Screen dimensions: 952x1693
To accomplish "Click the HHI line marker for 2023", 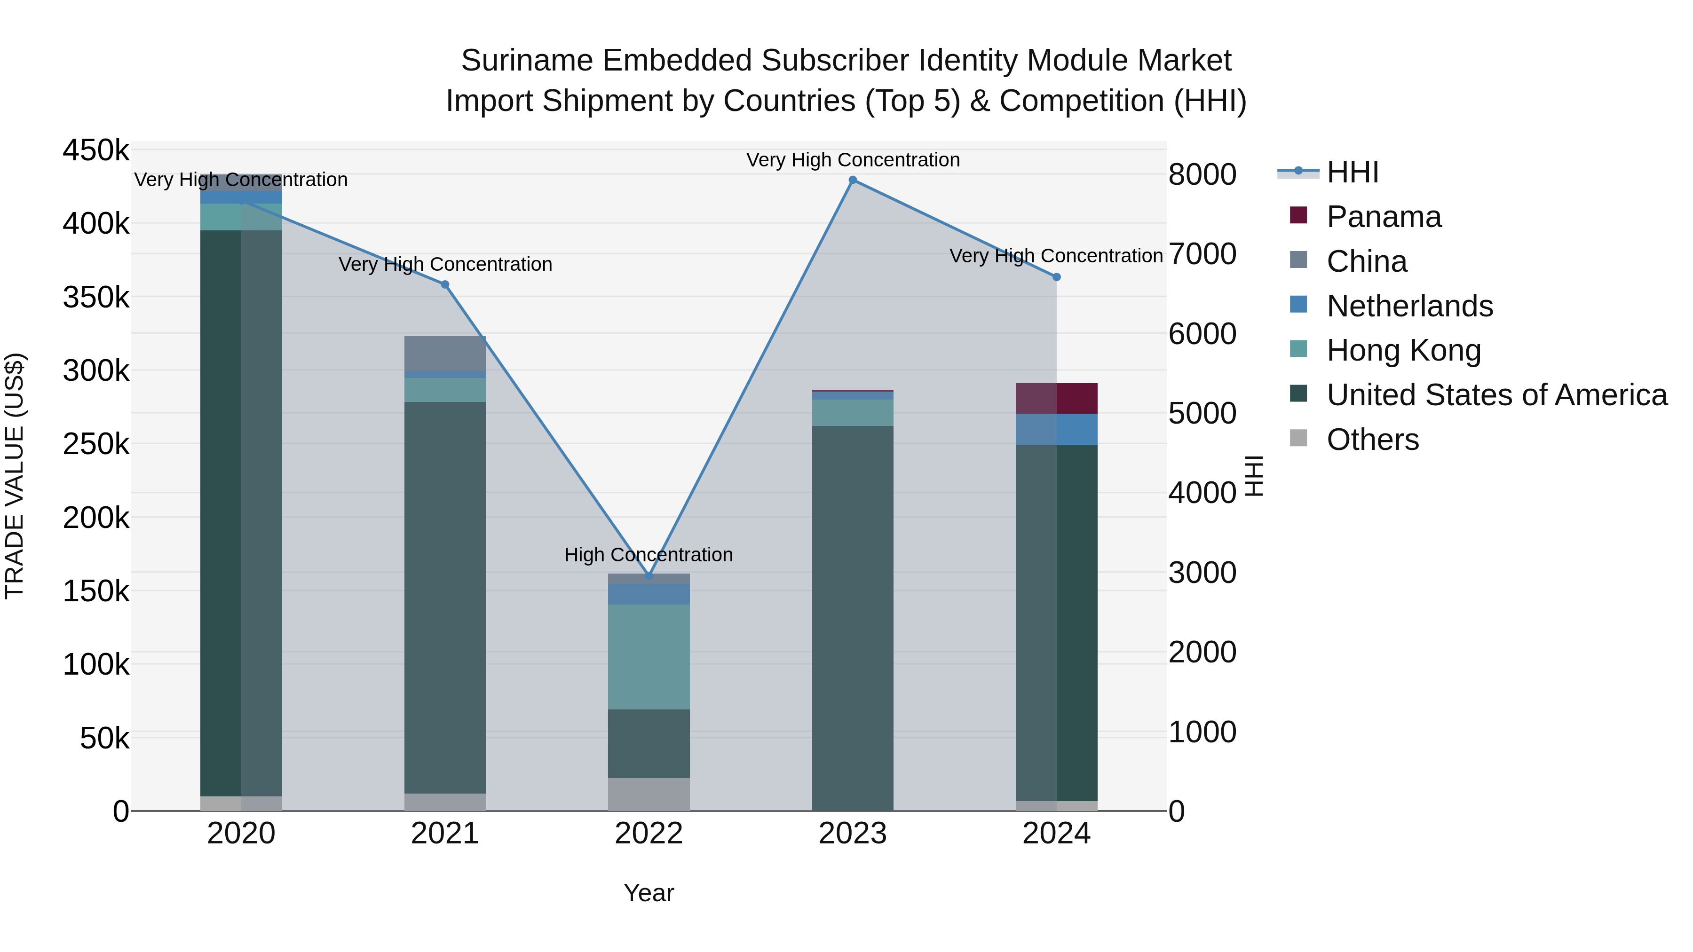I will click(x=853, y=180).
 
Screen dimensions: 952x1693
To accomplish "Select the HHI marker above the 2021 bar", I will click(x=445, y=284).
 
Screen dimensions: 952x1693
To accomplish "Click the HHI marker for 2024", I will click(x=1057, y=277).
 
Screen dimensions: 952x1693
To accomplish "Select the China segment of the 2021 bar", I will click(x=445, y=354).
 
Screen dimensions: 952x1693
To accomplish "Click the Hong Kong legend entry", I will click(x=1403, y=350).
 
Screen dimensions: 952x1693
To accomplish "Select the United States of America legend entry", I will click(x=1496, y=395).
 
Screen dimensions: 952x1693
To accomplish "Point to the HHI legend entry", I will click(x=1352, y=172).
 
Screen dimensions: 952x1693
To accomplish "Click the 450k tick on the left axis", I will click(x=96, y=150).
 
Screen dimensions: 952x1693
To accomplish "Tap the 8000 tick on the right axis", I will click(x=1202, y=175).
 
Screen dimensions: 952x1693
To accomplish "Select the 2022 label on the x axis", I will click(x=649, y=834).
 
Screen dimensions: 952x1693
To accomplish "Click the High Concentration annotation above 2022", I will click(x=649, y=555).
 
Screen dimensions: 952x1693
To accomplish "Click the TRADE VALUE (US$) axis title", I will click(x=15, y=476).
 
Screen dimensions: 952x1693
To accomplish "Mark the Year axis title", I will click(x=649, y=893).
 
